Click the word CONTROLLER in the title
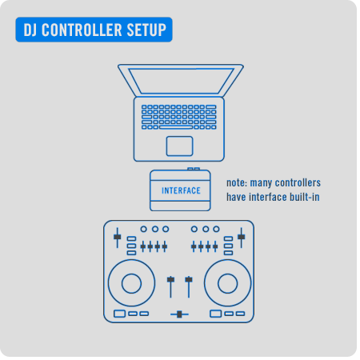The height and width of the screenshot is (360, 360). pyautogui.click(x=82, y=30)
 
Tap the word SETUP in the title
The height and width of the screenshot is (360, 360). pyautogui.click(x=146, y=30)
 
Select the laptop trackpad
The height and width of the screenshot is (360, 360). pyautogui.click(x=179, y=146)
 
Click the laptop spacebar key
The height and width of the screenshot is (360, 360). pyautogui.click(x=176, y=127)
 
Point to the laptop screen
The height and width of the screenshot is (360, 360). pyautogui.click(x=181, y=81)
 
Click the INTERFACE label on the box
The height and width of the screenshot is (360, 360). pyautogui.click(x=181, y=190)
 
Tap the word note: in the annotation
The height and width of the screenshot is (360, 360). pyautogui.click(x=237, y=183)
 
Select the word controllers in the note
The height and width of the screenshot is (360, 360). pyautogui.click(x=298, y=183)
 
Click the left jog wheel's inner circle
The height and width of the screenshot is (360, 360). pyautogui.click(x=131, y=283)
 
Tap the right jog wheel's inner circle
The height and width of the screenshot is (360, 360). pyautogui.click(x=227, y=283)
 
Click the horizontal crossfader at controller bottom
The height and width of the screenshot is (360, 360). pyautogui.click(x=179, y=314)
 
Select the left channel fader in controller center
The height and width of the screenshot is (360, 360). pyautogui.click(x=170, y=286)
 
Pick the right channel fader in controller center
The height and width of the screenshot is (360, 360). pyautogui.click(x=189, y=286)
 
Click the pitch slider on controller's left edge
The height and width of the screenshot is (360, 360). pyautogui.click(x=118, y=238)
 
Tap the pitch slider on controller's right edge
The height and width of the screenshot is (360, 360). pyautogui.click(x=242, y=238)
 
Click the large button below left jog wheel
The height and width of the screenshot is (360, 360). pyautogui.click(x=120, y=314)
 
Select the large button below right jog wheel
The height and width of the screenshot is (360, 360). pyautogui.click(x=216, y=314)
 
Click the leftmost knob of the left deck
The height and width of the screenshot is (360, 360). pyautogui.click(x=144, y=229)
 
